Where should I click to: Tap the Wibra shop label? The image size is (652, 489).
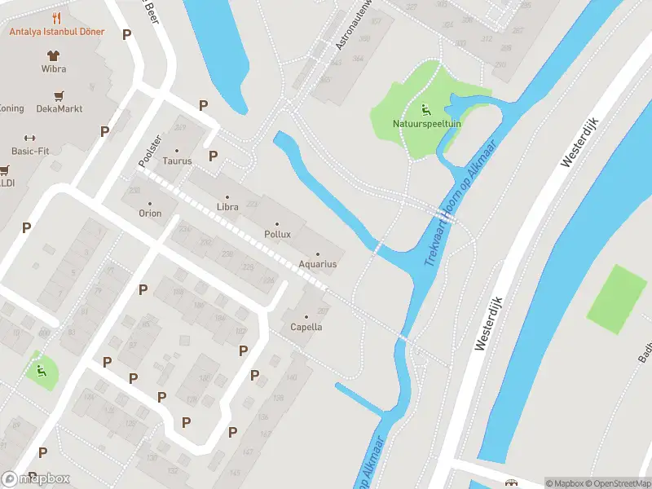[54, 69]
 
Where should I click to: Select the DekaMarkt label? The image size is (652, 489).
[59, 108]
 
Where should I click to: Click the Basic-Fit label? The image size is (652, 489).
[31, 152]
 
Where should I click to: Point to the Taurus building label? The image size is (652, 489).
[177, 161]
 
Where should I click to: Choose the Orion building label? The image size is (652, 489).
[150, 214]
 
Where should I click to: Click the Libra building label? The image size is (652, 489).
[227, 207]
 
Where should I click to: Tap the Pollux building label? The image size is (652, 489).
[277, 234]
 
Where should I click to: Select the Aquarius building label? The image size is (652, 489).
[318, 264]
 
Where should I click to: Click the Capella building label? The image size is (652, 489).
[306, 327]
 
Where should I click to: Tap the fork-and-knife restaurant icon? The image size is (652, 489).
[56, 18]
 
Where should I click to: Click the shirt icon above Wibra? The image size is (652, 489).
[54, 56]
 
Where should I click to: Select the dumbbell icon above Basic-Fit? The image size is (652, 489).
[31, 138]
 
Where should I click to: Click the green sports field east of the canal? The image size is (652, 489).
[619, 298]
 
